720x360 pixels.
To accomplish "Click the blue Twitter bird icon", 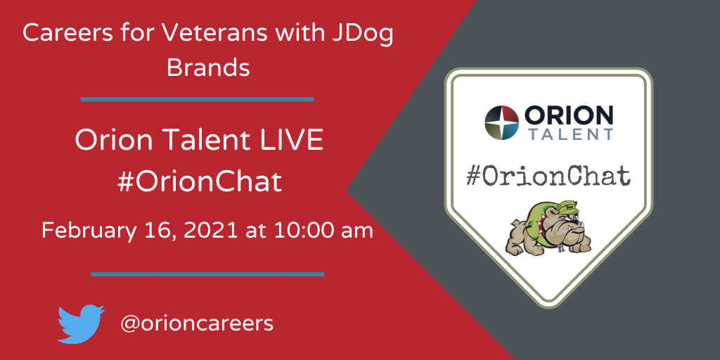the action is pyautogui.click(x=81, y=323).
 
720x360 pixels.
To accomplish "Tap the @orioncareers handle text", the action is pyautogui.click(x=197, y=323).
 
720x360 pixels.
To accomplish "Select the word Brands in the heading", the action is pyautogui.click(x=208, y=67).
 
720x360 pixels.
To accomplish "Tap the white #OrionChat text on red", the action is pyautogui.click(x=199, y=182).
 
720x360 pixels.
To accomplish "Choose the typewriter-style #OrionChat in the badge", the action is pyautogui.click(x=548, y=176).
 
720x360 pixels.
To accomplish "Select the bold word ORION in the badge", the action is pyautogui.click(x=568, y=115).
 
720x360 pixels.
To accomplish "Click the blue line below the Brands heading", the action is pyautogui.click(x=197, y=99).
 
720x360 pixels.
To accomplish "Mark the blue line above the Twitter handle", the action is pyautogui.click(x=207, y=274).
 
